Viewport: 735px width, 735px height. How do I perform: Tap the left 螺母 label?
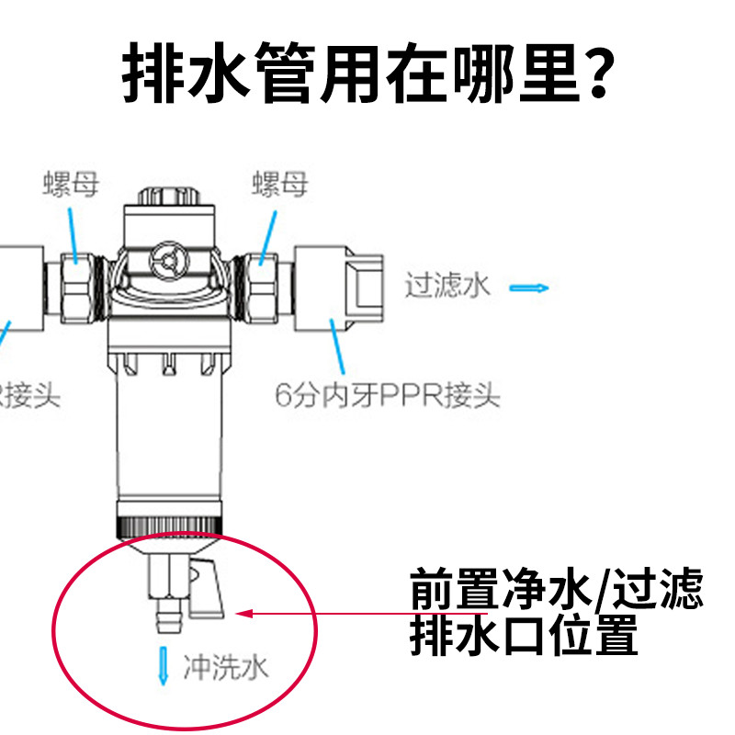coord(73,184)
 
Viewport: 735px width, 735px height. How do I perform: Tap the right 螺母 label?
coord(279,184)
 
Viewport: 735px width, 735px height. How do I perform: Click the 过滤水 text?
coord(448,285)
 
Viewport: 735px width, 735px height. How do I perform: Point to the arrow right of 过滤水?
coord(529,288)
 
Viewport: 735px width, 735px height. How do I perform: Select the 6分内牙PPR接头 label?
coord(387,396)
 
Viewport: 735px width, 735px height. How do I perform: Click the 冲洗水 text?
coord(225,665)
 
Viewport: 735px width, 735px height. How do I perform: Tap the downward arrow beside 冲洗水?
coord(164,664)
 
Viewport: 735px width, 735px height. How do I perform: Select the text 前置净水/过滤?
coord(556,589)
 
